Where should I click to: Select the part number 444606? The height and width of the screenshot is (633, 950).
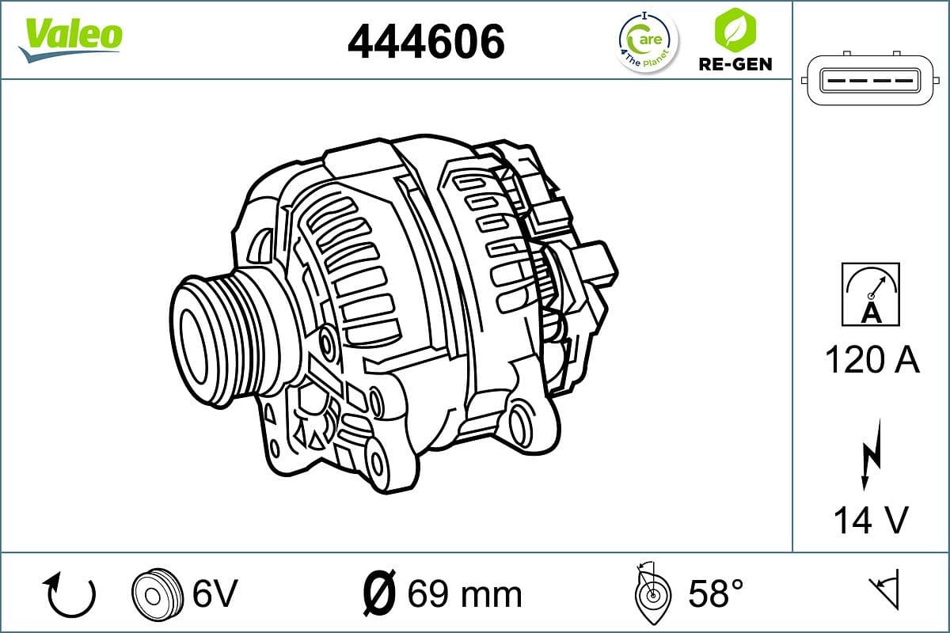[x=426, y=41]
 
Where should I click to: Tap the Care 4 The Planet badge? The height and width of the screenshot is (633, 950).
[x=647, y=40]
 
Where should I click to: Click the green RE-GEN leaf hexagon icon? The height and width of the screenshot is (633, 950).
[x=734, y=28]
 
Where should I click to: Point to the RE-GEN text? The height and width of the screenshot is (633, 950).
[x=735, y=64]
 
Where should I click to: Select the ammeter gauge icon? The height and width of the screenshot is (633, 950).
[x=871, y=294]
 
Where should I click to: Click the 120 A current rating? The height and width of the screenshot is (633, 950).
[x=872, y=361]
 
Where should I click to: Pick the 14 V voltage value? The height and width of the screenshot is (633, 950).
[x=870, y=520]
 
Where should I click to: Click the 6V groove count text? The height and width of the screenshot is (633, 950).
[x=215, y=593]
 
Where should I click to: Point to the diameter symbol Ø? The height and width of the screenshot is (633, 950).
[x=378, y=593]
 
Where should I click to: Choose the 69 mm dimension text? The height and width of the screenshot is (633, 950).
[x=465, y=593]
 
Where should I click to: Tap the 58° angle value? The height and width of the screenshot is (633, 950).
[x=715, y=593]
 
